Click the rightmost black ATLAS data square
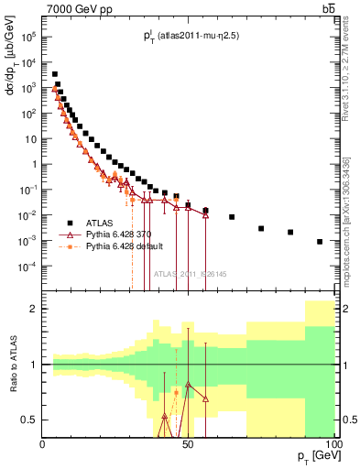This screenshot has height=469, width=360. pyautogui.click(x=320, y=242)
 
